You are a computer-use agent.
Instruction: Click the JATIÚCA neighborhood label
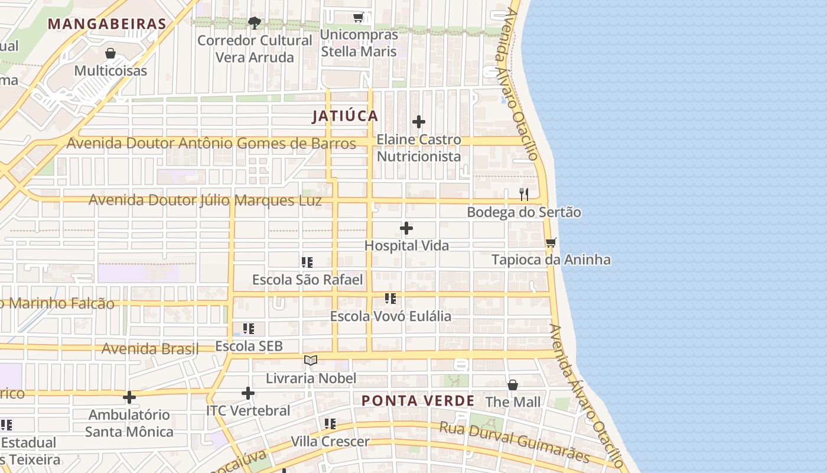345,116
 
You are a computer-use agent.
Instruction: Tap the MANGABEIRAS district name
107,24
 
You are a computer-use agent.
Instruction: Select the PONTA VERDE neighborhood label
418,401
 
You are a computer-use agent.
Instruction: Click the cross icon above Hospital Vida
406,228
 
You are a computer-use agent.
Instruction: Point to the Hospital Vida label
406,245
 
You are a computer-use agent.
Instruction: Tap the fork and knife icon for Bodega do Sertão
524,195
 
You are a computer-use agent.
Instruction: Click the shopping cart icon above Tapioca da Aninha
551,242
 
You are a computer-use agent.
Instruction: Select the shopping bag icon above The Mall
513,385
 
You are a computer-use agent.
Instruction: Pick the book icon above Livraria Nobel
311,360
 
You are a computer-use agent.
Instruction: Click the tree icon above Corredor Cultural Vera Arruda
255,23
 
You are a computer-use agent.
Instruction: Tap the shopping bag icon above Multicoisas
110,54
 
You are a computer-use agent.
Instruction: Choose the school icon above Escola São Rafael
307,262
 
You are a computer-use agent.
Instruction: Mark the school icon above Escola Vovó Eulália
390,299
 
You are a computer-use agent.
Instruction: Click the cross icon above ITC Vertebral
248,393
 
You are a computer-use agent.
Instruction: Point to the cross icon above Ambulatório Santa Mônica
129,397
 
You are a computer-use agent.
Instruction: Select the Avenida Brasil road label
150,348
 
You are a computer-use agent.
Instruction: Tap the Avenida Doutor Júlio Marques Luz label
205,200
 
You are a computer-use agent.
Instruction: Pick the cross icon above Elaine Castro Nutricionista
419,122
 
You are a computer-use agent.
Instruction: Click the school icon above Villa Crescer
330,424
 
